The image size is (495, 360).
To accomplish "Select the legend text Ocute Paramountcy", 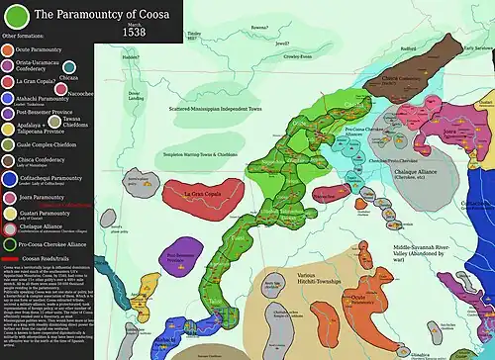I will tap(45, 60).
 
